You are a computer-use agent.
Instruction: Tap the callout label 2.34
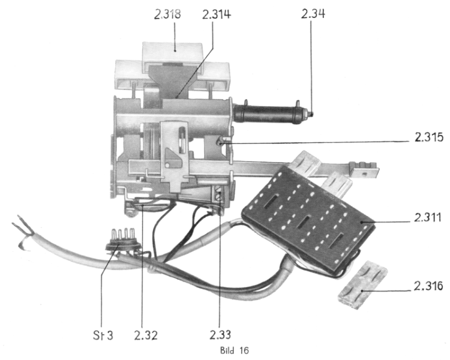pos(313,14)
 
